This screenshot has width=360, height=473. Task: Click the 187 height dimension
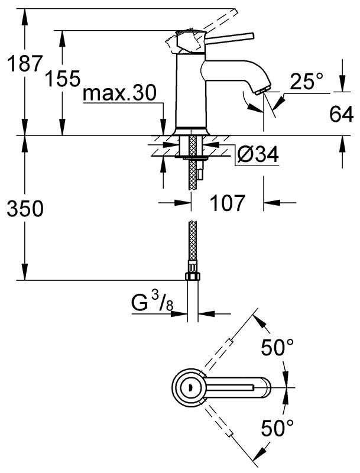[x=24, y=63]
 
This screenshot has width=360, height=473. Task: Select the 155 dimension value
[x=63, y=79]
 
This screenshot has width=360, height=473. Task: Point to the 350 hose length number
[x=25, y=209]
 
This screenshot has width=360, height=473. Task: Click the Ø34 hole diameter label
[x=258, y=154]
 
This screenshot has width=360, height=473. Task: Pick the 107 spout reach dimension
[x=227, y=203]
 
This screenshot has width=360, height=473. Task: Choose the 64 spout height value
[x=341, y=114]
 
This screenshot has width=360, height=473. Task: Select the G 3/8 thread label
[x=153, y=302]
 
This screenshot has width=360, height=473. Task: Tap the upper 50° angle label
[x=277, y=347]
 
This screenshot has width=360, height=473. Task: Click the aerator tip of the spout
[x=262, y=90]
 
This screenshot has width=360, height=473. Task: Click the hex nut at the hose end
[x=192, y=276]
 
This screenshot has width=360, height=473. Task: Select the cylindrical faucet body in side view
[x=191, y=90]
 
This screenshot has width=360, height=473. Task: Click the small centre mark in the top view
[x=189, y=387]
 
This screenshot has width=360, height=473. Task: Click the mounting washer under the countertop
[x=192, y=157]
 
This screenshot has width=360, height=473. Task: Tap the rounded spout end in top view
[x=266, y=387]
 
